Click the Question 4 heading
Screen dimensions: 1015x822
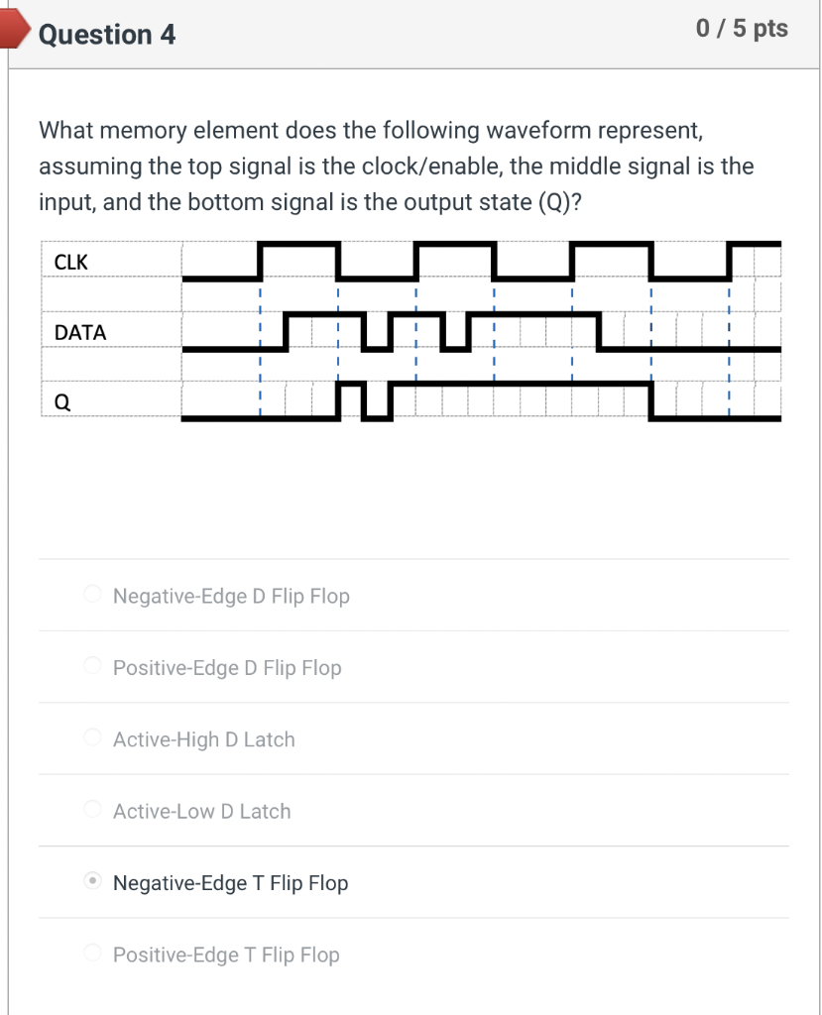[x=107, y=35]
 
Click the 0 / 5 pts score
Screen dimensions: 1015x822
[x=742, y=29]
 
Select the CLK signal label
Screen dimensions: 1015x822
[x=71, y=263]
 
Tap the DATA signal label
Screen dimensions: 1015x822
[x=80, y=333]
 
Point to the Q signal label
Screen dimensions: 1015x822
[x=61, y=402]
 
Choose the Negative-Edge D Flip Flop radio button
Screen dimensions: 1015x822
[x=92, y=595]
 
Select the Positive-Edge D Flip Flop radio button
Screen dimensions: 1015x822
[x=92, y=666]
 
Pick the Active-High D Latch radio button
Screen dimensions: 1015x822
[x=92, y=737]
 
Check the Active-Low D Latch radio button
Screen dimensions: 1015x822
[x=92, y=809]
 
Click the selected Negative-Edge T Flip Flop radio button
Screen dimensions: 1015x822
[x=92, y=880]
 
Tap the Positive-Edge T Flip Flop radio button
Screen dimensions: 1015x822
[x=92, y=953]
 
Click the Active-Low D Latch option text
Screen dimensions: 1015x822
[x=202, y=811]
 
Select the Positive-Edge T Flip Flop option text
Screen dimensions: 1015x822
[x=226, y=955]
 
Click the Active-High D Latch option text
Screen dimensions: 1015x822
[x=204, y=739]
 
